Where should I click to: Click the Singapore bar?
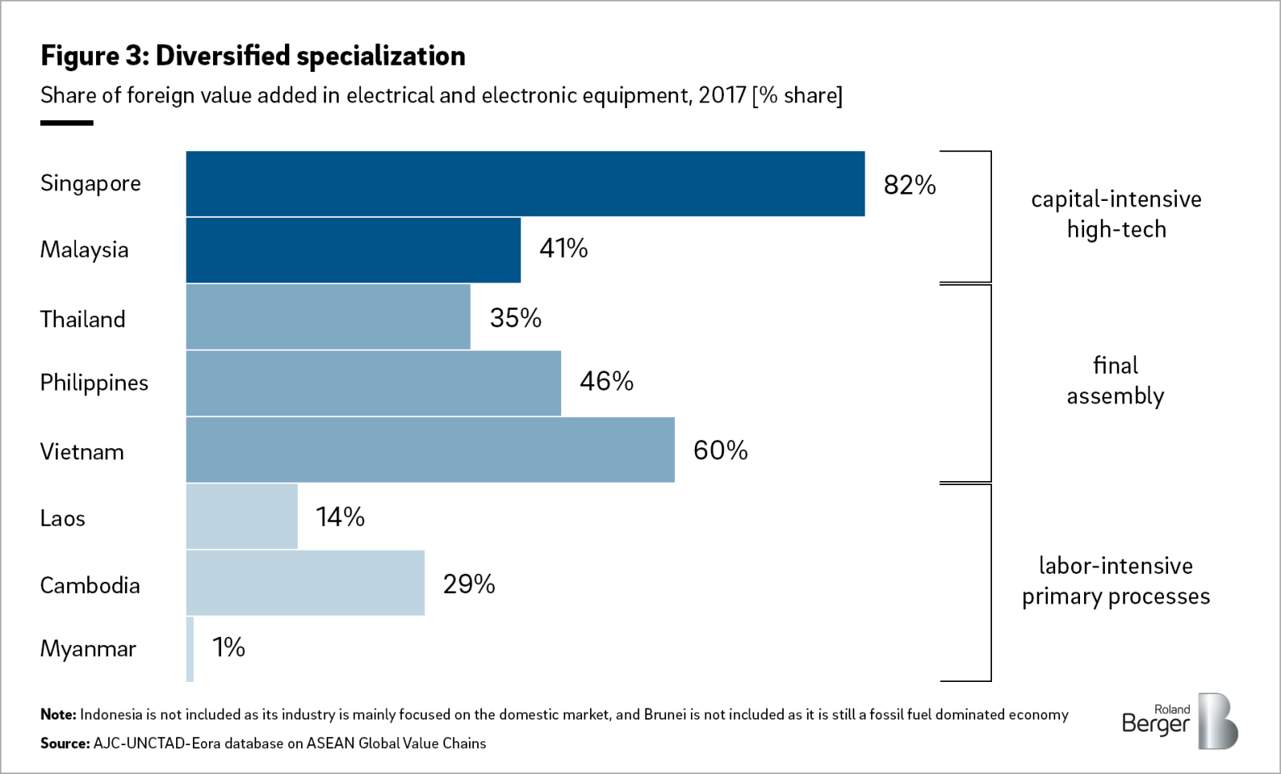point(525,183)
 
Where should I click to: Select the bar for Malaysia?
point(353,250)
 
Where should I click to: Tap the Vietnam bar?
point(430,450)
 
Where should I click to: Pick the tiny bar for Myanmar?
point(190,649)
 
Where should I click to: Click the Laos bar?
point(242,516)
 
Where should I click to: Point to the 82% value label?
point(910,185)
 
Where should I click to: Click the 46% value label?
point(606,381)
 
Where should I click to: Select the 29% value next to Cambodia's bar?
point(468,584)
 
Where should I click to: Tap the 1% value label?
point(228,648)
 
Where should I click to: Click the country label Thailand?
point(82,319)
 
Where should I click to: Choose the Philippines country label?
point(94,383)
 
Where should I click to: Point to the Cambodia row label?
point(90,586)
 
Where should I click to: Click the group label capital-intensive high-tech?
point(1116,214)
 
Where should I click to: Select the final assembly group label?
point(1115,380)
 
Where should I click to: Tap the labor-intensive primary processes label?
point(1115,581)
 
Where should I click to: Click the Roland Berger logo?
point(1180,721)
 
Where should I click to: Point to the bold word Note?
point(58,715)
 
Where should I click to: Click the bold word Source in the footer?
point(65,744)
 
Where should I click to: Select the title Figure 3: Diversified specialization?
point(253,56)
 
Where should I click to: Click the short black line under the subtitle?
point(66,122)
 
